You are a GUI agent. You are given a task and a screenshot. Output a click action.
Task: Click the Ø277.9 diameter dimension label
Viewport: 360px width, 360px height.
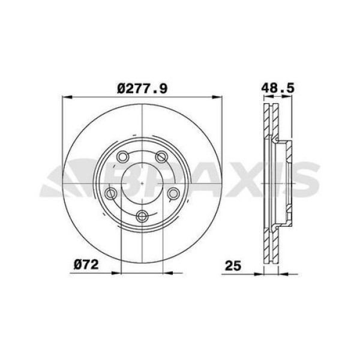142,88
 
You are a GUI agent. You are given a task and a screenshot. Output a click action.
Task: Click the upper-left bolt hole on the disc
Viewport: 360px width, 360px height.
123,157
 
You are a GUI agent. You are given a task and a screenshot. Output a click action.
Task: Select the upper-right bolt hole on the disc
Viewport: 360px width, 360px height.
161,157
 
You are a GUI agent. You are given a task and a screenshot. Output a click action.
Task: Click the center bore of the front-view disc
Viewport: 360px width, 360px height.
142,183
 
